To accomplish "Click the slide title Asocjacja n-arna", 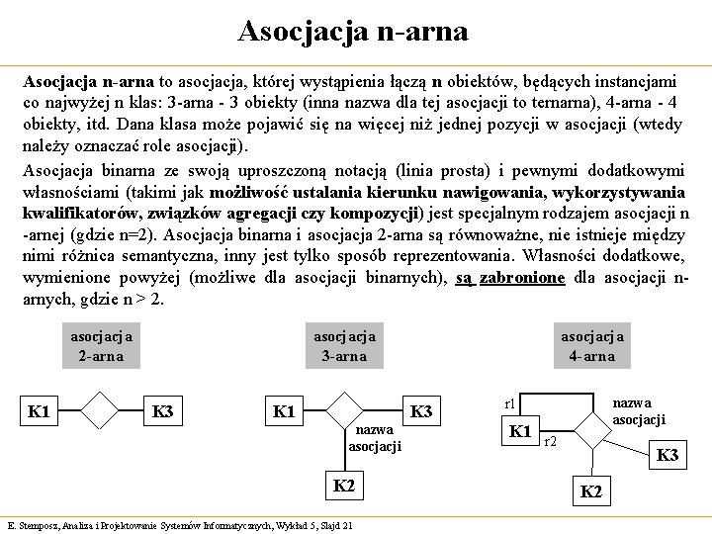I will coord(353,31).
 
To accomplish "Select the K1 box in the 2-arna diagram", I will coord(40,410).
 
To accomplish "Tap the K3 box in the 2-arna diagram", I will coord(163,410).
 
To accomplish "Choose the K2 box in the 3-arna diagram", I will coord(343,487).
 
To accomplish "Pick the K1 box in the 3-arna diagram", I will coord(284,410).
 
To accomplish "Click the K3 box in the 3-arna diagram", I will coord(421,410).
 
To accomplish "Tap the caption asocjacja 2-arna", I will coord(101,346).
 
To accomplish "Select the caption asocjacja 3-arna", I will coord(344,346).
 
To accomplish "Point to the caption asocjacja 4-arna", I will coord(592,346).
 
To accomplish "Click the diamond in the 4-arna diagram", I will coord(591,427).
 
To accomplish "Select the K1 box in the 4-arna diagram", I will coord(521,431).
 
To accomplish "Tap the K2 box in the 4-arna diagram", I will coord(590,491).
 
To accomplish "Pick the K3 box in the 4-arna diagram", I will coord(668,456).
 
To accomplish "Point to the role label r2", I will coord(551,441).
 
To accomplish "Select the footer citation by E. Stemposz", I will coord(179,525).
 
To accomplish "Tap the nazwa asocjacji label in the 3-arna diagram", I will coord(375,438).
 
